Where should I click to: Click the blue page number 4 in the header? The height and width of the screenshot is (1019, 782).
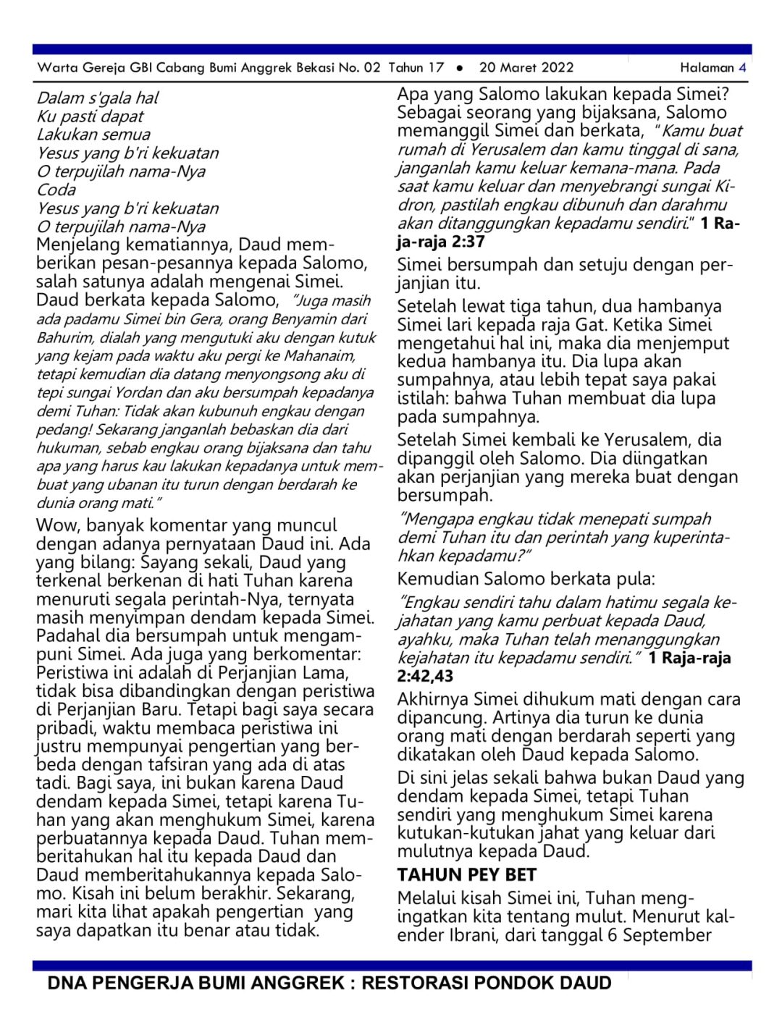point(742,68)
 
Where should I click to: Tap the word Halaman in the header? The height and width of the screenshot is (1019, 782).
point(707,68)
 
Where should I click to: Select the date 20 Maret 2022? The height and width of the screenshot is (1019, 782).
point(526,68)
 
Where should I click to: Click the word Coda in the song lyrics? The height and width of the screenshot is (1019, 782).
point(56,190)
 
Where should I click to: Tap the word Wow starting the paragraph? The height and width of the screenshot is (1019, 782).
point(58,525)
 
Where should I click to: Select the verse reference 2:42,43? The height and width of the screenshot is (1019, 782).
point(425,677)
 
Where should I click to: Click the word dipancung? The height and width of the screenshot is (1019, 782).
point(442,718)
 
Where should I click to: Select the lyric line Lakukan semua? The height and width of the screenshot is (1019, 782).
point(93,135)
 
